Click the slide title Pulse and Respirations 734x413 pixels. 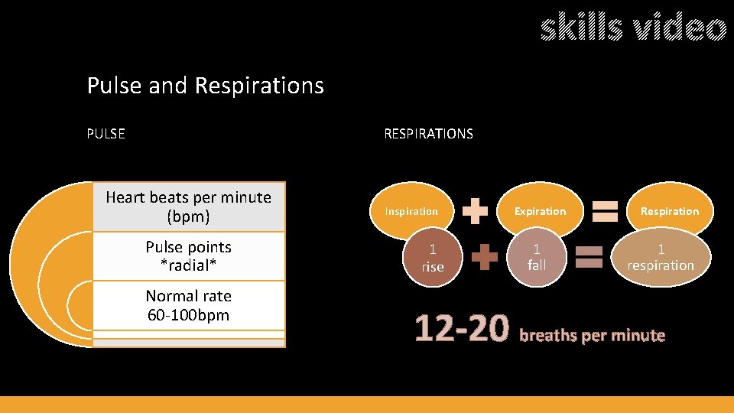(205, 85)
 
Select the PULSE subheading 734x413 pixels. (106, 134)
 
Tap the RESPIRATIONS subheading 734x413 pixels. (428, 134)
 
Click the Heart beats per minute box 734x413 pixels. (188, 206)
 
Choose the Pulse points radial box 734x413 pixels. (188, 255)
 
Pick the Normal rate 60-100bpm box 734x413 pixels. (188, 305)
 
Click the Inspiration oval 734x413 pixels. (411, 211)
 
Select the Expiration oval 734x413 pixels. (540, 211)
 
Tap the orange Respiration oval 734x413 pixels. (670, 211)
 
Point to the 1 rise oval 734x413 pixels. (432, 258)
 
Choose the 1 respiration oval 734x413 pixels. (661, 257)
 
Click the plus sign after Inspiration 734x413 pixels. (476, 211)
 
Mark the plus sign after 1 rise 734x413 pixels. (484, 257)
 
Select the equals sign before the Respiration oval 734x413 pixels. (606, 210)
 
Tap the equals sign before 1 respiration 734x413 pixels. (589, 257)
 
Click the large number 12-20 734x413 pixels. (461, 330)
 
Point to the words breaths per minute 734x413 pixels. (593, 335)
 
